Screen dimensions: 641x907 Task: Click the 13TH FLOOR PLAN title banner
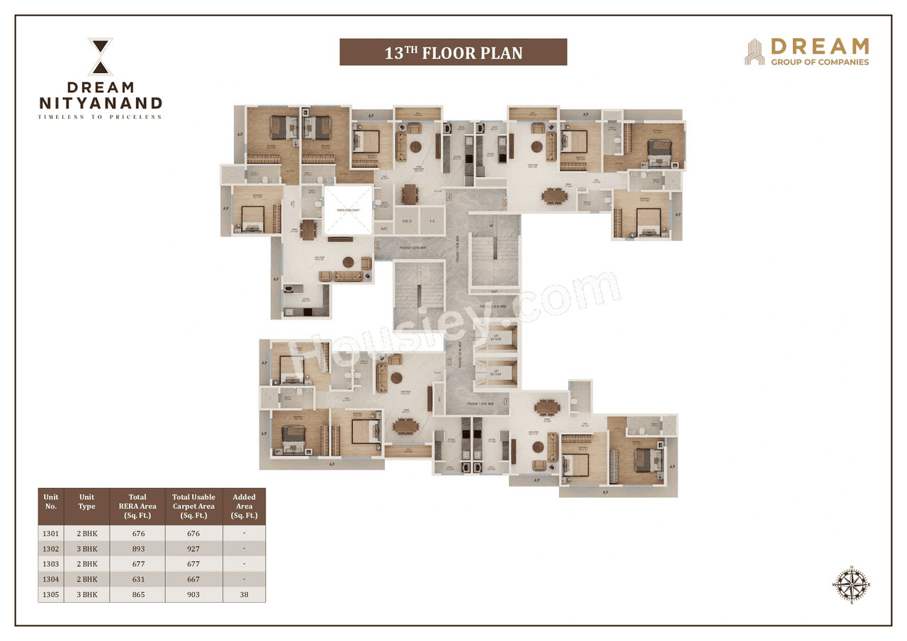453,52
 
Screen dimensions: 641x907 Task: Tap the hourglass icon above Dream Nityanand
100,57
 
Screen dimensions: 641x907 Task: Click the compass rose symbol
851,584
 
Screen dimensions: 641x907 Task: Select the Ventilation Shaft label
348,210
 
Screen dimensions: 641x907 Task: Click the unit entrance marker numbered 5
505,203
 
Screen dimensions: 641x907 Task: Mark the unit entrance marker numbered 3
377,246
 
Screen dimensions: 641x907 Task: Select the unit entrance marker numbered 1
506,402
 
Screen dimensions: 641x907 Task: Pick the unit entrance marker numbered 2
449,362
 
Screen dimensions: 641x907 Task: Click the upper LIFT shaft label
497,339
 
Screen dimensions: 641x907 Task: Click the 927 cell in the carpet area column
193,549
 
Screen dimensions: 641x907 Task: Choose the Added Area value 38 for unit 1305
244,594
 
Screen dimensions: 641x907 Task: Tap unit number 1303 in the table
51,564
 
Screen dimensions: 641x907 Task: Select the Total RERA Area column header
137,506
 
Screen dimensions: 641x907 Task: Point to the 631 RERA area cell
137,579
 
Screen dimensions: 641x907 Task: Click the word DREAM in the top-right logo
819,47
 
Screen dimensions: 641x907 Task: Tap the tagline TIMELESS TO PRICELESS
100,117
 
